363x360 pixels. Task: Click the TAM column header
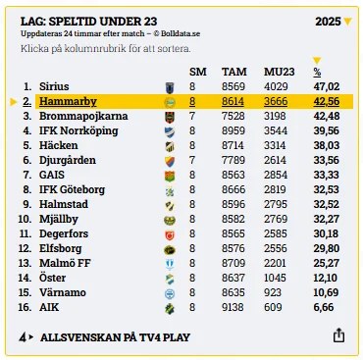[234, 72]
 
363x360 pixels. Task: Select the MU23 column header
[280, 72]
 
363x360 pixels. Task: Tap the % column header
[317, 72]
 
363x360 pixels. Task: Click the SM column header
[198, 72]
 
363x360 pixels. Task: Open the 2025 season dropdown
[334, 22]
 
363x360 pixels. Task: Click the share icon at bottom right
[338, 335]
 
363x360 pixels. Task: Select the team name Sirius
[54, 86]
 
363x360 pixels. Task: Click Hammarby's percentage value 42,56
[327, 101]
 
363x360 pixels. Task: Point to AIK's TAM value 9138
[233, 307]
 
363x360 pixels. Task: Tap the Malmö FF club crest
[170, 264]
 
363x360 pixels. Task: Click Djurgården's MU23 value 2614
[275, 160]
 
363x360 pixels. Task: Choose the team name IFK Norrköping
[78, 130]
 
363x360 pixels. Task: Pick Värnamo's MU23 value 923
[273, 292]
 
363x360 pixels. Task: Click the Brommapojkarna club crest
[170, 117]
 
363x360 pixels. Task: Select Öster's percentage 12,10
[326, 278]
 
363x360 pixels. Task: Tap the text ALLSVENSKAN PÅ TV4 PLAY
[115, 337]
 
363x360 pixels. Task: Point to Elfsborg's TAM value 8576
[233, 248]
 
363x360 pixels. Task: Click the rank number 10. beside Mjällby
[25, 219]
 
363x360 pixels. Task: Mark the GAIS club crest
[170, 176]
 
